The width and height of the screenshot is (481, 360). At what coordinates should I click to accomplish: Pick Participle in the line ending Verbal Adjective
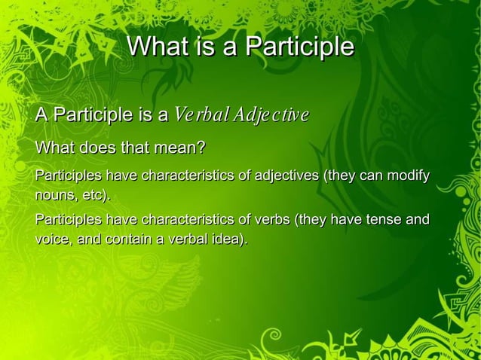[x=88, y=116]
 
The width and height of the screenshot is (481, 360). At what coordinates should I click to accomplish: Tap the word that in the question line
[x=141, y=147]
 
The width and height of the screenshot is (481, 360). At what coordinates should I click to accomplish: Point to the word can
[x=369, y=177]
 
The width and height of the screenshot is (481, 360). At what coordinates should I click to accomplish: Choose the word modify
[x=408, y=177]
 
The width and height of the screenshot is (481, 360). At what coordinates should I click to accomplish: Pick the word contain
[x=131, y=239]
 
